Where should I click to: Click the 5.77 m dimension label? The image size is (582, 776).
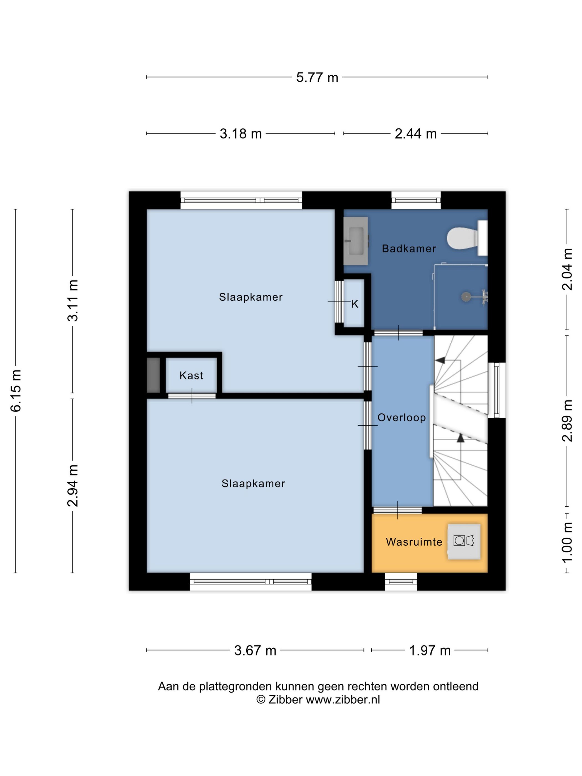point(317,77)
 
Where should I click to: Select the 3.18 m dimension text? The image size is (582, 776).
point(241,134)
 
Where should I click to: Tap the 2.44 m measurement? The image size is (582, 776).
point(415,134)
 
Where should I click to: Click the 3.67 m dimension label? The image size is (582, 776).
point(255,650)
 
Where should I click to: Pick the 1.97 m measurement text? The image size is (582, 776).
point(430,650)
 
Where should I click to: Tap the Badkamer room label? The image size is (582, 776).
point(409,248)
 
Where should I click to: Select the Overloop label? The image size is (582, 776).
point(401,417)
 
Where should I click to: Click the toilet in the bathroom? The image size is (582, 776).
point(467,238)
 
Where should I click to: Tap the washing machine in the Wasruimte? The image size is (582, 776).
point(464,541)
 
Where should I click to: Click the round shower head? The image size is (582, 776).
point(466,297)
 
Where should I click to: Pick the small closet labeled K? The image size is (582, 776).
point(354,303)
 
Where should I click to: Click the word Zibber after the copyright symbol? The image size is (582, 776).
point(285,700)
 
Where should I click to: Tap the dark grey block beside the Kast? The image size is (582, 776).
point(153,375)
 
